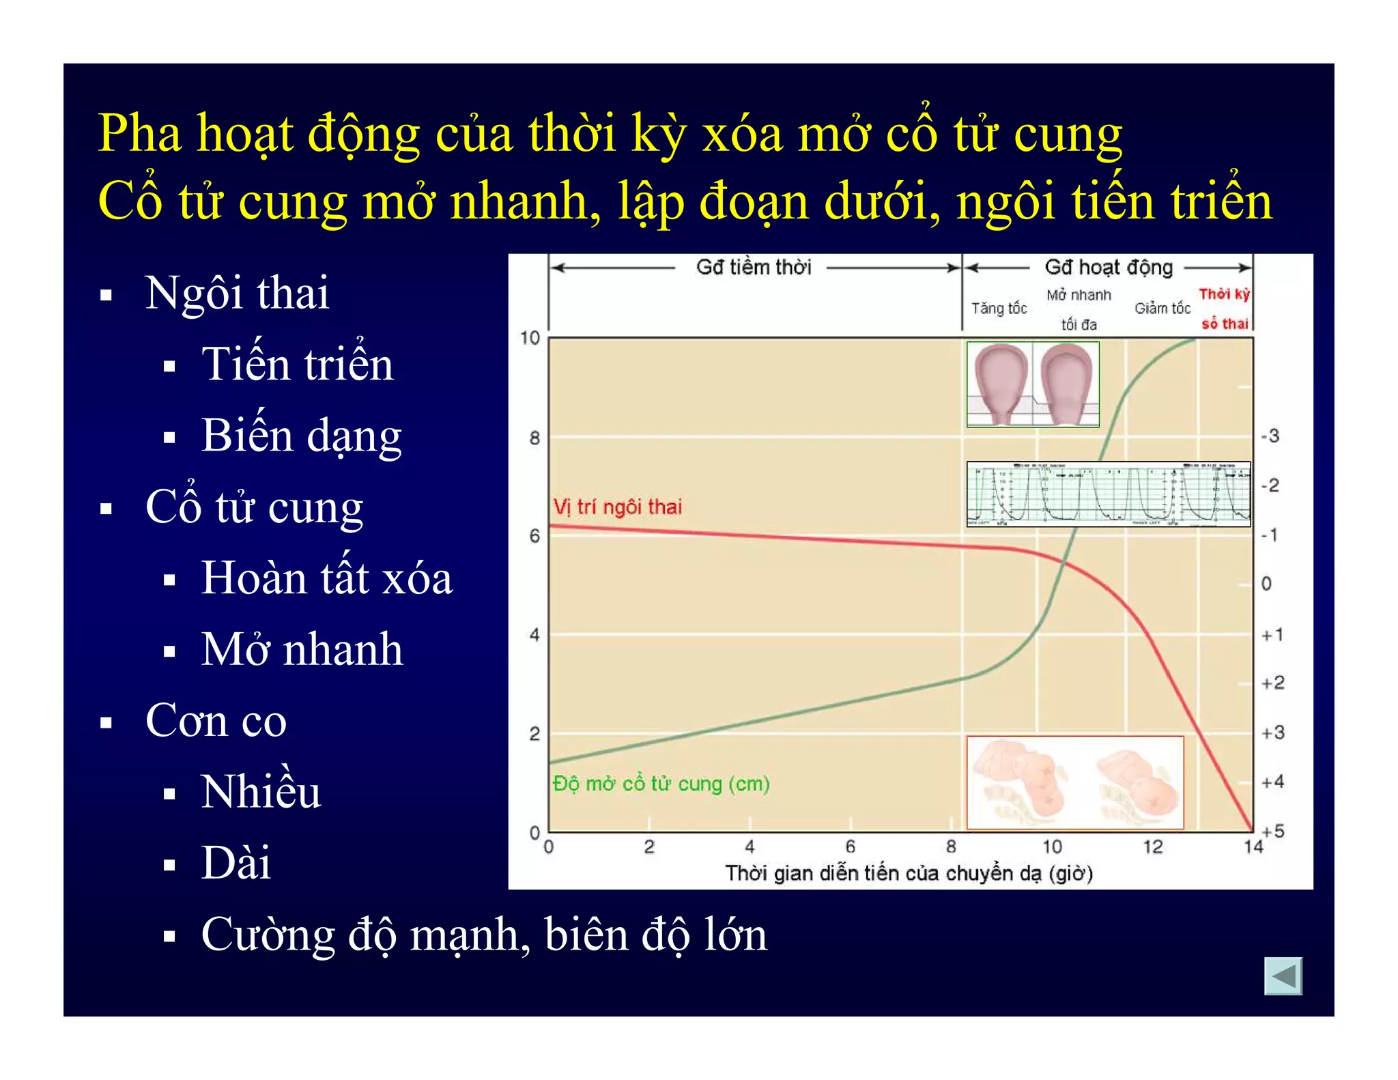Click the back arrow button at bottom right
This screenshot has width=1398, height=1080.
pos(1283,976)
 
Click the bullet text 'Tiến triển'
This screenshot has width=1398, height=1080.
pos(297,364)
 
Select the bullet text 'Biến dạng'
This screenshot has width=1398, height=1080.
pos(301,436)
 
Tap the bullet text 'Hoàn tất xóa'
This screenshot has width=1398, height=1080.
pos(326,578)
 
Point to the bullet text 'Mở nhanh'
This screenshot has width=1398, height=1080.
pos(302,649)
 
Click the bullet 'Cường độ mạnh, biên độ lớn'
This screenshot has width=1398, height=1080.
pos(483,935)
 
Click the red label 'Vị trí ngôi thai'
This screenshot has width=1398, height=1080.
pos(617,507)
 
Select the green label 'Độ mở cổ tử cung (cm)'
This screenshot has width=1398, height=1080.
pos(661,784)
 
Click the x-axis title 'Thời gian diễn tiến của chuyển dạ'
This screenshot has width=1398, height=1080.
pos(908,873)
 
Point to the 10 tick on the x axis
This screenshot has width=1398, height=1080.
pos(1051,847)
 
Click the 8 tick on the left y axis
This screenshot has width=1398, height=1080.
pos(534,438)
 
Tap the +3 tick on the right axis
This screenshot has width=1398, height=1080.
pos(1272,733)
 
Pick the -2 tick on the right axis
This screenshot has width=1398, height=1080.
pos(1270,485)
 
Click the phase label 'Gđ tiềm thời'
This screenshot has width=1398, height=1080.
pos(754,267)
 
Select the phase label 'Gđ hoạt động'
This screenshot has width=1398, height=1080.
pos(1109,267)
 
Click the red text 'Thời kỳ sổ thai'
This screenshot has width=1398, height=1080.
pos(1225,309)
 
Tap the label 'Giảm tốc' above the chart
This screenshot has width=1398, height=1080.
pos(1162,309)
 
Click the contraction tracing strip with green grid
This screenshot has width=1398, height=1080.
pos(1109,494)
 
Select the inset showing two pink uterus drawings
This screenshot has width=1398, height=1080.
pos(1033,384)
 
